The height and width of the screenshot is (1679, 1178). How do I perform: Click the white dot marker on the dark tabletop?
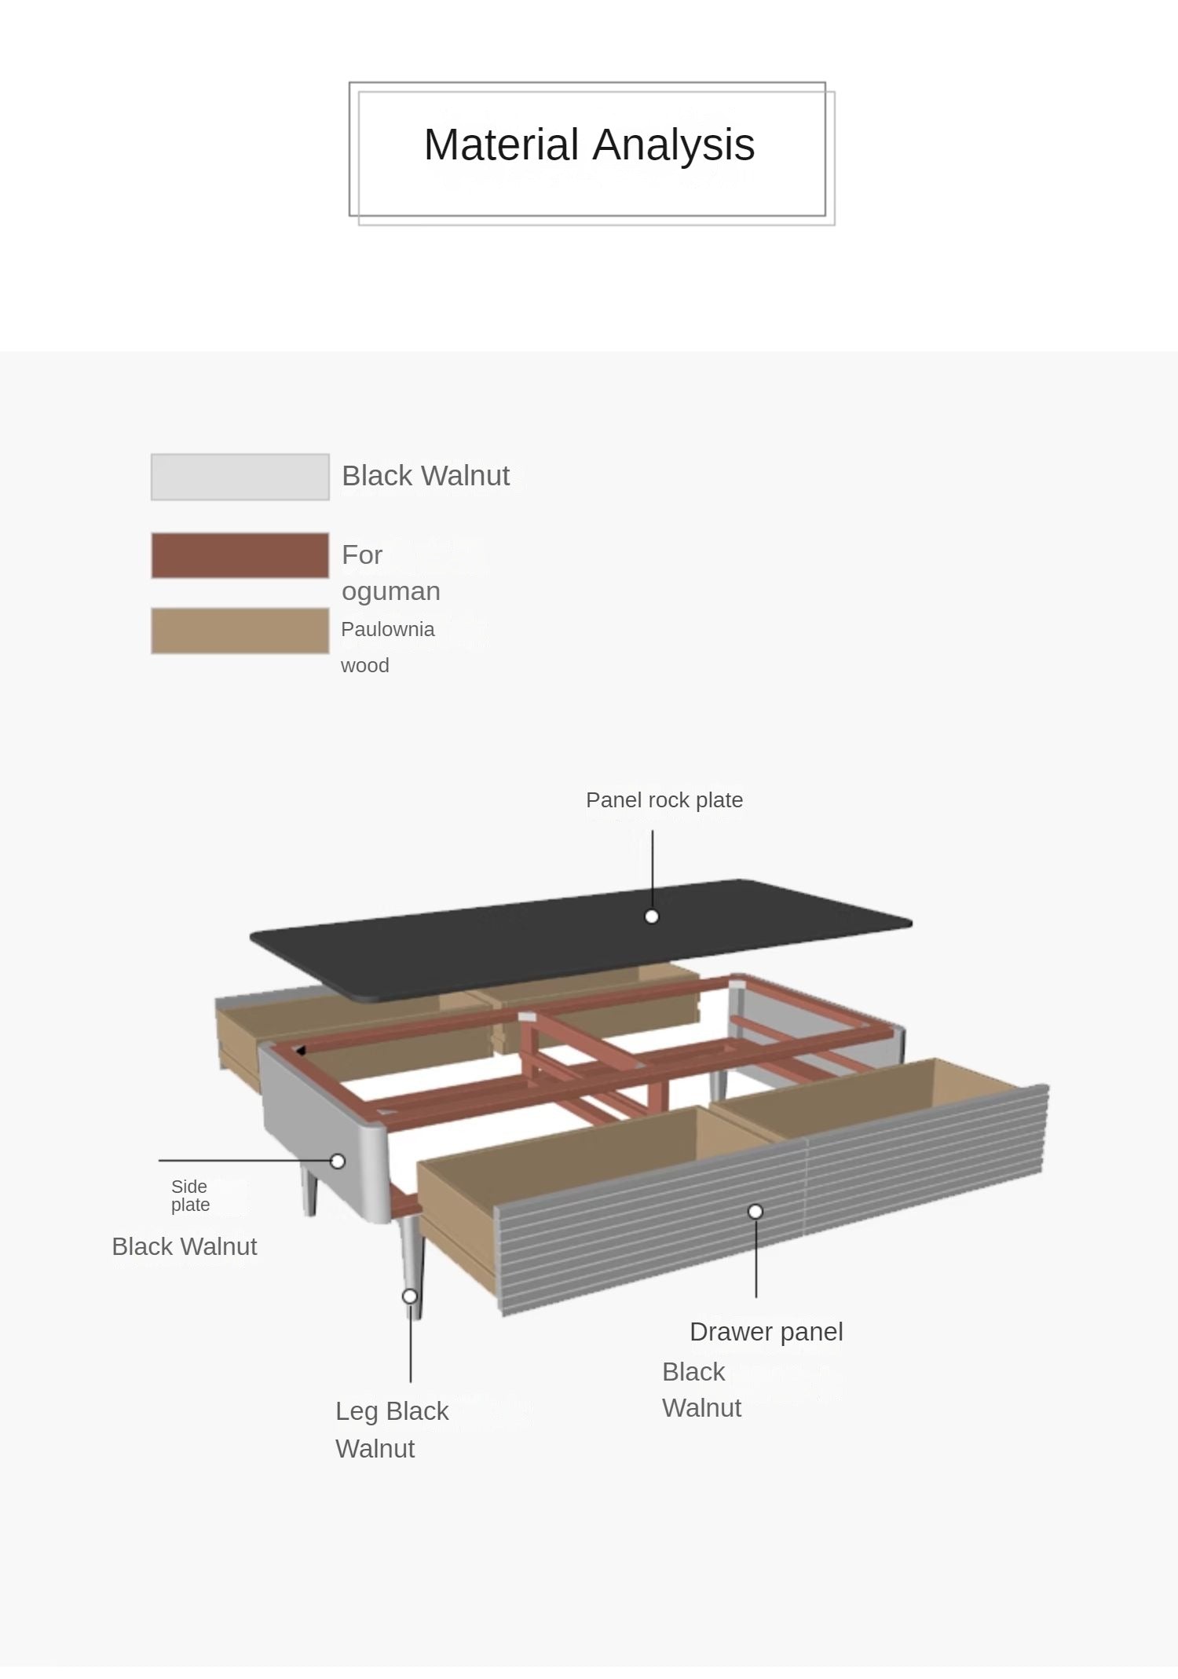click(652, 916)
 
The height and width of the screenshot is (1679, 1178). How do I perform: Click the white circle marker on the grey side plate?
click(338, 1161)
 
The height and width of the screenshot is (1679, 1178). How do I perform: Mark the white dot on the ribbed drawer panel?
click(755, 1212)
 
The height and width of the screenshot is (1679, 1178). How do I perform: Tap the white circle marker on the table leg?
click(410, 1296)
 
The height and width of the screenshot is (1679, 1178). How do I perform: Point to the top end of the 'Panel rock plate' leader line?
click(653, 831)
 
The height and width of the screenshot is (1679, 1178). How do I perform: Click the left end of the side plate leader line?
click(159, 1160)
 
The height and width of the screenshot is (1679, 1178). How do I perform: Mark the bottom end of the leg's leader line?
click(411, 1382)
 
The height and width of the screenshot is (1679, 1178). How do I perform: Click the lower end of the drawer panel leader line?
click(756, 1297)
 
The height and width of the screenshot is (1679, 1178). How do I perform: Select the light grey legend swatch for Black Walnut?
click(240, 477)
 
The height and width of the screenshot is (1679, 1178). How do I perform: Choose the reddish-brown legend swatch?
click(240, 555)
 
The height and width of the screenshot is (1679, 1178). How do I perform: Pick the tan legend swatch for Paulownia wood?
click(240, 631)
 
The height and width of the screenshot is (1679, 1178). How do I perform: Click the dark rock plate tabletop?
click(581, 941)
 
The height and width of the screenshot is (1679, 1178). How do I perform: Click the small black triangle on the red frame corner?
click(300, 1050)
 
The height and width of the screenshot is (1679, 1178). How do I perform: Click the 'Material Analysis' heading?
click(590, 145)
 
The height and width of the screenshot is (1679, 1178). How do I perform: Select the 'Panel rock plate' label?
click(664, 800)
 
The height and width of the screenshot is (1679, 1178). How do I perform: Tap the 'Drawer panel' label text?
click(766, 1332)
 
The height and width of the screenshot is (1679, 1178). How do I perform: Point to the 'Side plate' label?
click(190, 1195)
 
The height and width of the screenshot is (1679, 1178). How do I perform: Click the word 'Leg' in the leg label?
click(357, 1412)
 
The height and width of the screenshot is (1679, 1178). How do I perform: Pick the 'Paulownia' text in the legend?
click(388, 630)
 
